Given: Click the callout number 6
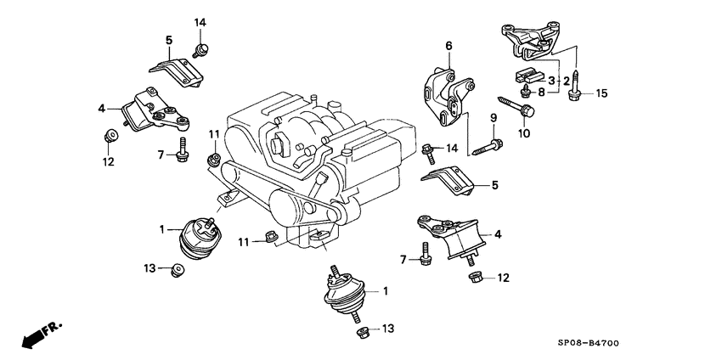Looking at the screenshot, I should (448, 45).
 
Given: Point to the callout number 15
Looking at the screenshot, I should (601, 93).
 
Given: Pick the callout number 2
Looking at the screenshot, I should (567, 80).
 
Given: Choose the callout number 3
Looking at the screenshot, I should (550, 80).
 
